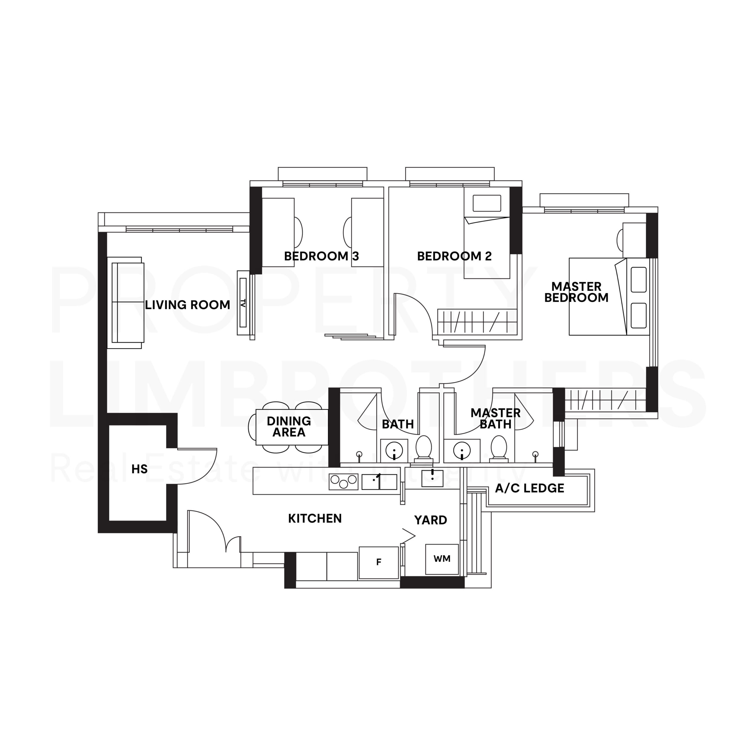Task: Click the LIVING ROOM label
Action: pos(188,305)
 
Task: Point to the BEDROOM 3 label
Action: pos(321,256)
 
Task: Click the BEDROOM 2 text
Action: pos(454,256)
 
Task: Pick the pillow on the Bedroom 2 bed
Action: pos(487,203)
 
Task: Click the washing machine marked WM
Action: pos(442,559)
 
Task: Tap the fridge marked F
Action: pos(378,562)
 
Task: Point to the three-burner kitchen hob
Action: pos(343,481)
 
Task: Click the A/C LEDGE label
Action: pos(529,488)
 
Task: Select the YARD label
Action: pos(431,520)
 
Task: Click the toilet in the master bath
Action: pos(499,447)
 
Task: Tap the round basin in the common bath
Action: pos(394,451)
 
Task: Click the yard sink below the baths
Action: pos(432,478)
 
